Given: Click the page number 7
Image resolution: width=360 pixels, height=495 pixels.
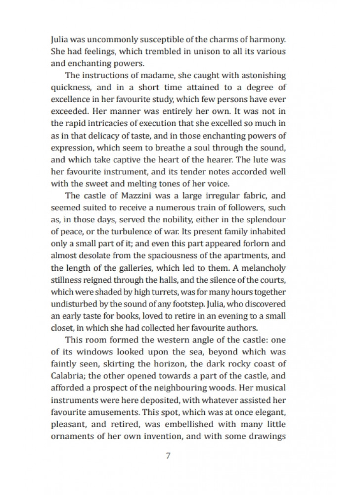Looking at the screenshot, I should (x=169, y=456).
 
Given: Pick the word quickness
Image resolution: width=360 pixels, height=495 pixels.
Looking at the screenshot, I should (x=70, y=89).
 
